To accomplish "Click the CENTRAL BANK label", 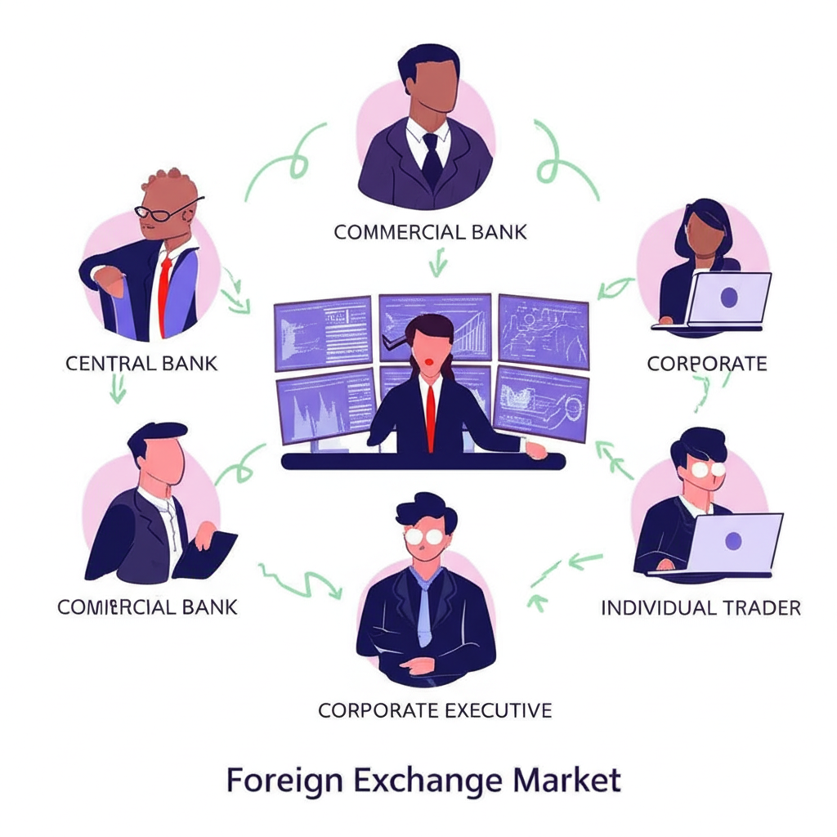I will click(x=141, y=362).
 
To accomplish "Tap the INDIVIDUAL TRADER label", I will click(x=700, y=607).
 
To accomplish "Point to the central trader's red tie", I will click(x=431, y=417).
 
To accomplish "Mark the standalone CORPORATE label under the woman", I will click(x=706, y=363).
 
